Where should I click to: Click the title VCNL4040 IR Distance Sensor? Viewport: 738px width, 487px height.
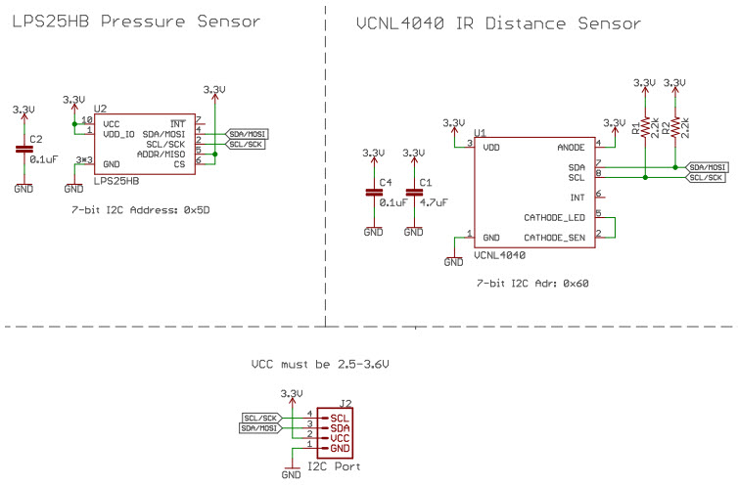498,22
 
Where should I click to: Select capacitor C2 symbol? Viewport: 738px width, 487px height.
23,149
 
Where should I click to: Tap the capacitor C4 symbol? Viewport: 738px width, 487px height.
373,194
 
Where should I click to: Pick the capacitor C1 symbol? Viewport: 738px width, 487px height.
415,194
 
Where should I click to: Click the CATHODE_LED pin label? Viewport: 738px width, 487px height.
555,217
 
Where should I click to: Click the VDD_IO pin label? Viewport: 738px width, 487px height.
119,134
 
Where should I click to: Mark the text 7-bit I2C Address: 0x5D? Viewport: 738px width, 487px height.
142,210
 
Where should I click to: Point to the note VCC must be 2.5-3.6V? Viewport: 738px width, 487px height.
320,364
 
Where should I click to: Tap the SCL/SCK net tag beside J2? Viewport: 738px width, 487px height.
260,417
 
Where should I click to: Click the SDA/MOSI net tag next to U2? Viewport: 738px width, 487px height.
247,133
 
